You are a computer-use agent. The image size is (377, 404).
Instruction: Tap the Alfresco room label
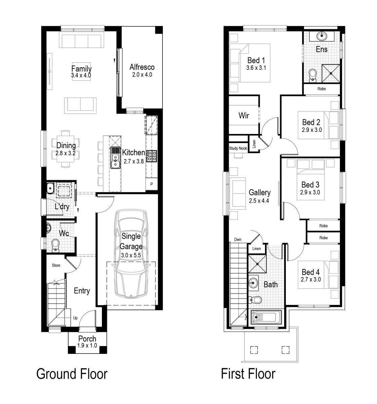click(x=142, y=67)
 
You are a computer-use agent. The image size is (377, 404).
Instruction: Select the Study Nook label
click(x=238, y=148)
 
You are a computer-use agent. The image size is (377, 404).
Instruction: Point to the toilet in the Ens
click(x=313, y=75)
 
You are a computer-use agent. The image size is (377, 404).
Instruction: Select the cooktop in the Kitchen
click(x=152, y=155)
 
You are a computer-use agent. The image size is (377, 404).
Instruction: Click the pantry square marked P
click(x=151, y=184)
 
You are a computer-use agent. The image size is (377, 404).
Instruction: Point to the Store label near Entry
click(x=56, y=265)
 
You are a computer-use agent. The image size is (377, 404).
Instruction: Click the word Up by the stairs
click(x=75, y=317)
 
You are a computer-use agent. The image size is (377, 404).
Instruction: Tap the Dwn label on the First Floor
click(x=238, y=240)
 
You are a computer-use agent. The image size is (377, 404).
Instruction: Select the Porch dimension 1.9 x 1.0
click(x=87, y=346)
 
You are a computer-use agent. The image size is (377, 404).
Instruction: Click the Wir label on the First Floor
click(x=244, y=116)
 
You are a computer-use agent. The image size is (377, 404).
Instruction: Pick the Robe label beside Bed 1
click(x=322, y=89)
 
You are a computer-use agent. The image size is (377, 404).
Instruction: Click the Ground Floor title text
click(x=72, y=374)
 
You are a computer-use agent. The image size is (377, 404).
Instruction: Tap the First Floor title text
click(x=249, y=374)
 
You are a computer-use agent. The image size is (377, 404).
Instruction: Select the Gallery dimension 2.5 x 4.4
click(x=259, y=201)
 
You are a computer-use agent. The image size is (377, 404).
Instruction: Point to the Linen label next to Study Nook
click(x=254, y=144)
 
